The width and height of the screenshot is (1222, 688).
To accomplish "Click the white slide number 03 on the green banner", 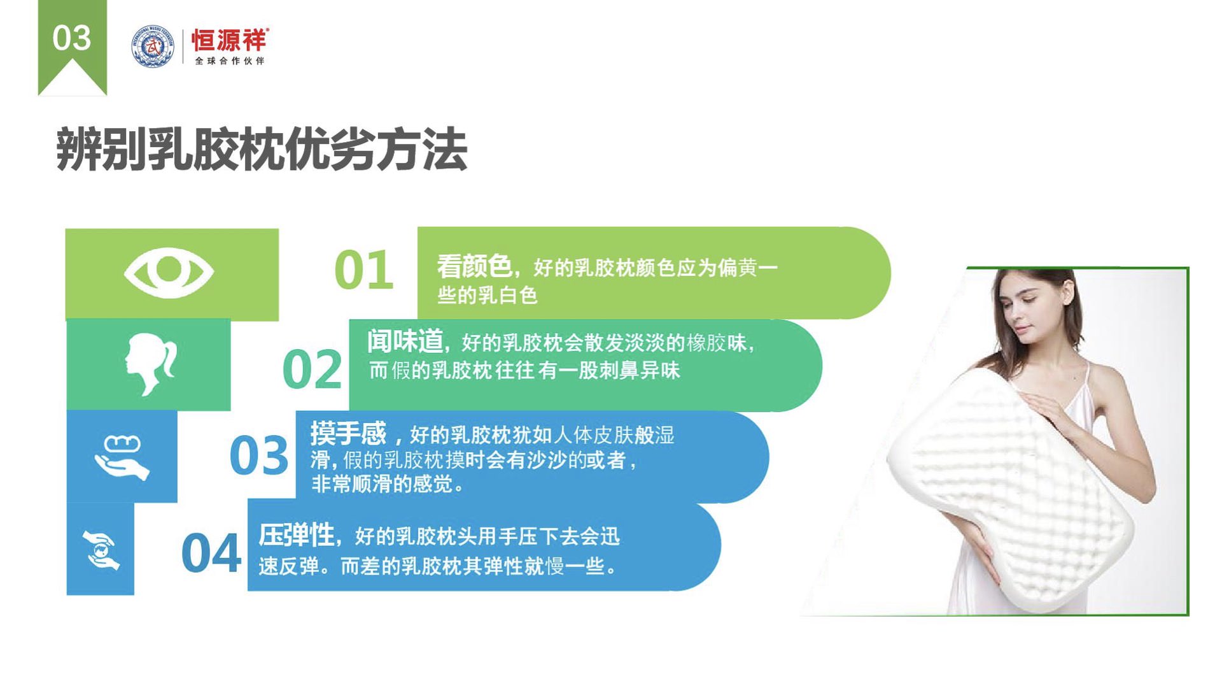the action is (71, 38).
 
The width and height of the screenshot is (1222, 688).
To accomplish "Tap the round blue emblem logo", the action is (153, 46).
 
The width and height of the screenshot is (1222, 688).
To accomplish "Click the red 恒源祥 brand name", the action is (229, 40).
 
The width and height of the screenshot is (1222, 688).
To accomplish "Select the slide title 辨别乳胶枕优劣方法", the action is (262, 150).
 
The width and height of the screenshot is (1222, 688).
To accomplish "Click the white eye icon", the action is (169, 273).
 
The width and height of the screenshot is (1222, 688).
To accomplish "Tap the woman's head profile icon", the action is (150, 364).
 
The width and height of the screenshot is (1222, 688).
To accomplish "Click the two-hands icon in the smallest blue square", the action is (101, 550).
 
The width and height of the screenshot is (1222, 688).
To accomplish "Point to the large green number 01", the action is (363, 270).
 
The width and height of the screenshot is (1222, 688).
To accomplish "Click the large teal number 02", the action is (312, 369).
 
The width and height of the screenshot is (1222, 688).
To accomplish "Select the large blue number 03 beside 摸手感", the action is (258, 455).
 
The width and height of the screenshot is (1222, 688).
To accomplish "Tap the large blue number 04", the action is (211, 553).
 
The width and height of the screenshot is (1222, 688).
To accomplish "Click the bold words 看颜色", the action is (474, 266).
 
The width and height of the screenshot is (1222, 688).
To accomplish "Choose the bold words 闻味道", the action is (405, 341).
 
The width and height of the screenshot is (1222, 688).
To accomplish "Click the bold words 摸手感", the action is (348, 434).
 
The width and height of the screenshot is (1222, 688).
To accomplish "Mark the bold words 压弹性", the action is (297, 535).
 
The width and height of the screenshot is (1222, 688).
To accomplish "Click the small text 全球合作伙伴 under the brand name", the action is (229, 61).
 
